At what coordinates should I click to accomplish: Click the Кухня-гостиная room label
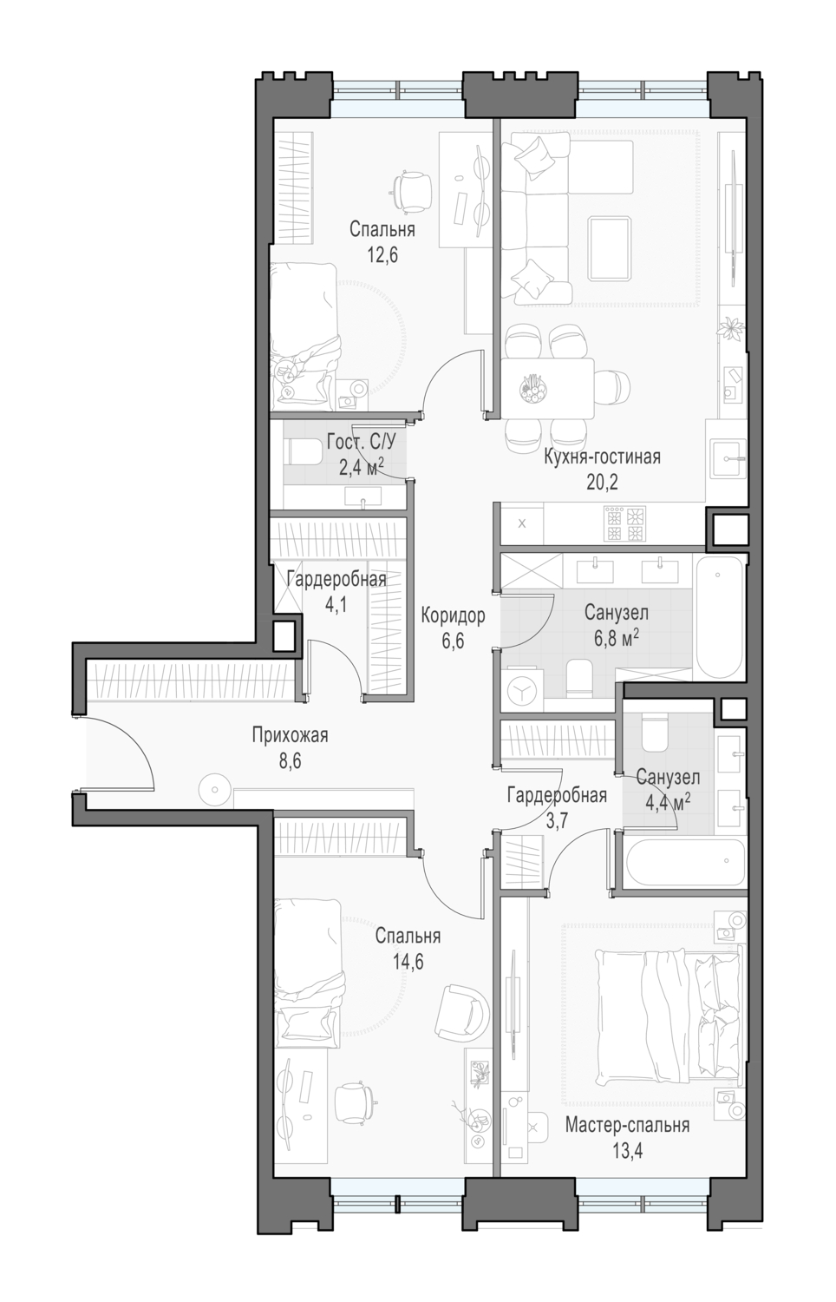click(602, 457)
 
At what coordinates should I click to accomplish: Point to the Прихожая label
click(290, 735)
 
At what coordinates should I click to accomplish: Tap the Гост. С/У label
click(361, 443)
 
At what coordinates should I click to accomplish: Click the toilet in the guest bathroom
click(304, 451)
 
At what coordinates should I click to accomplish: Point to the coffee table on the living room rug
click(610, 249)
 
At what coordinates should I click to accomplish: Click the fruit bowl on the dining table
click(533, 386)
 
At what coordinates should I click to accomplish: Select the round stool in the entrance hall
click(215, 789)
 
